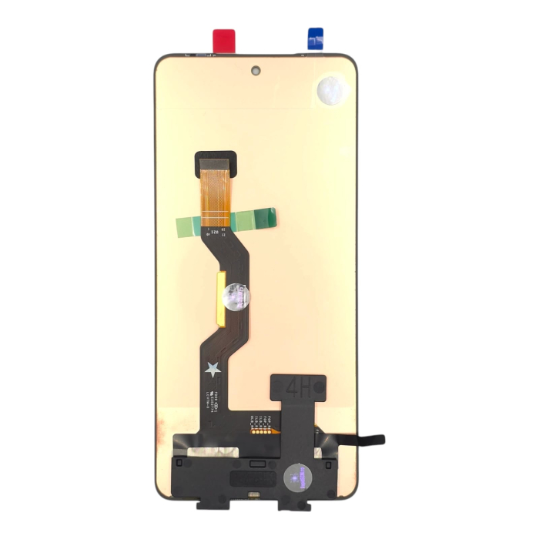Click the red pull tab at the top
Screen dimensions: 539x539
(223, 39)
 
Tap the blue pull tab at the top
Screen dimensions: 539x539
(315, 39)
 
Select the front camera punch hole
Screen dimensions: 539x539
(255, 71)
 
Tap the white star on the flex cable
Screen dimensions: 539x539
(212, 370)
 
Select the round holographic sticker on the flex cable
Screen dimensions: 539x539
(236, 295)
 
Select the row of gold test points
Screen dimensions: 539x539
(257, 432)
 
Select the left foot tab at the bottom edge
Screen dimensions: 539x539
(210, 502)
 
